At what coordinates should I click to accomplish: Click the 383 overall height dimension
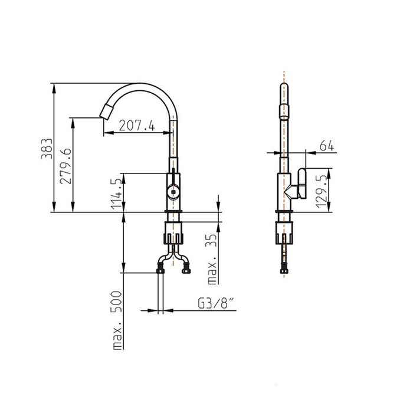click(47, 149)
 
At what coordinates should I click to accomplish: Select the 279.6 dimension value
click(65, 166)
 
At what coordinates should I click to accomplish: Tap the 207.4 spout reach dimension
click(137, 125)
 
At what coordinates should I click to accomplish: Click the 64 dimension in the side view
click(327, 146)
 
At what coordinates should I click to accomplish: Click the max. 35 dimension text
click(212, 259)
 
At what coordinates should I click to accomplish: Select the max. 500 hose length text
click(117, 320)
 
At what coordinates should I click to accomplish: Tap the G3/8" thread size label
click(216, 303)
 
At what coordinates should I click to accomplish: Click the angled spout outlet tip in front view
click(106, 112)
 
